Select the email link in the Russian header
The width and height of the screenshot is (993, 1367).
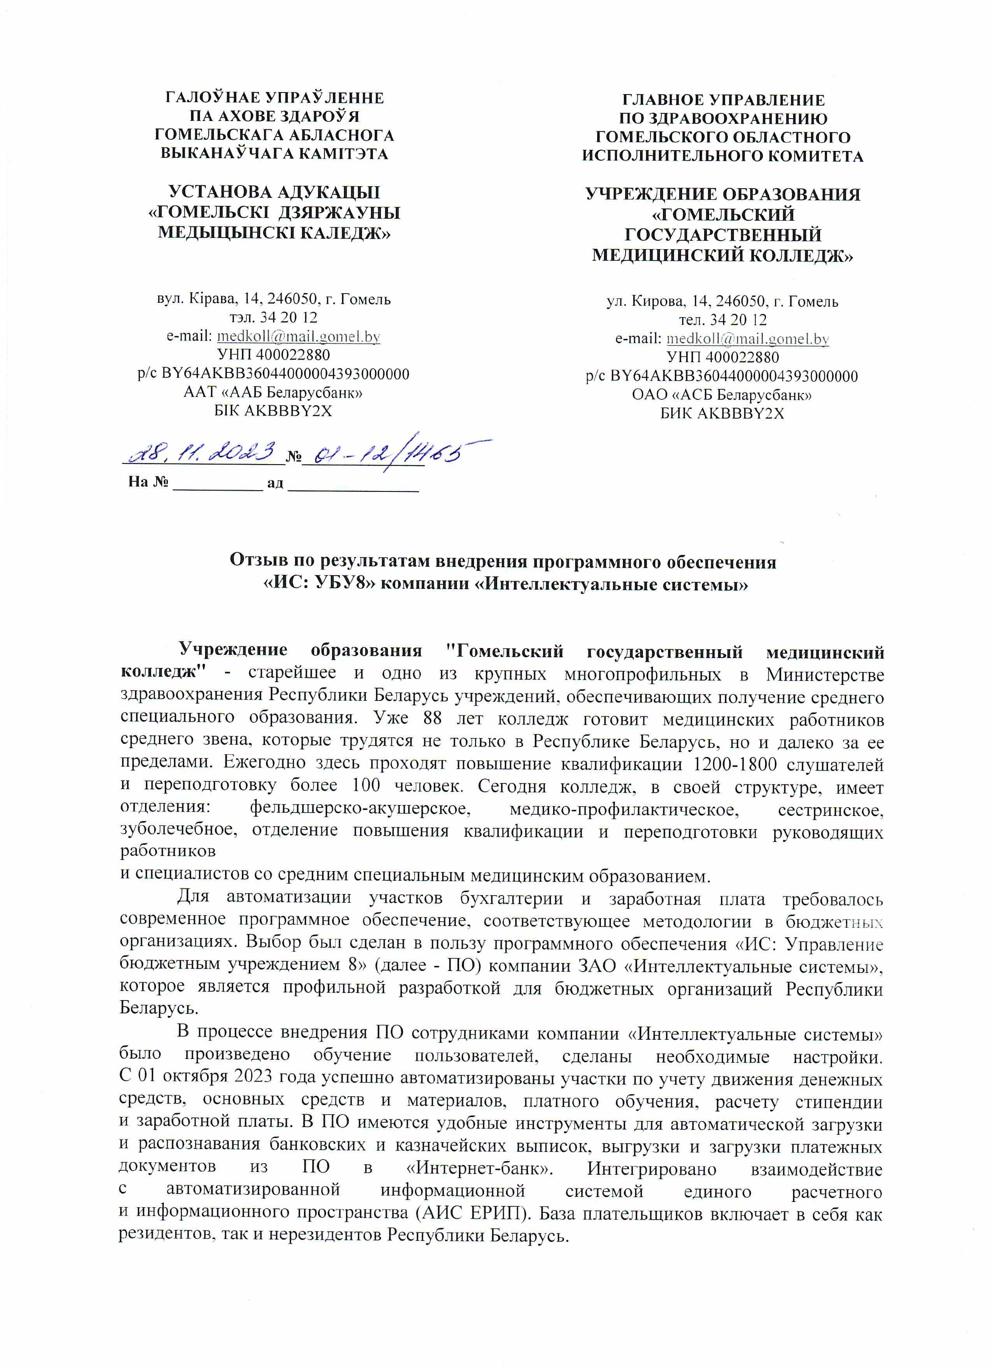point(747,339)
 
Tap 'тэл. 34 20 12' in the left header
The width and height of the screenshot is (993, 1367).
point(273,318)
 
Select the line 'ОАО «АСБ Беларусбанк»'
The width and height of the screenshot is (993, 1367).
point(722,395)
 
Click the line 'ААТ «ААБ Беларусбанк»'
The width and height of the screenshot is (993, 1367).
point(273,393)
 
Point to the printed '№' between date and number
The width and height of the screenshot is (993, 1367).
point(294,457)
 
